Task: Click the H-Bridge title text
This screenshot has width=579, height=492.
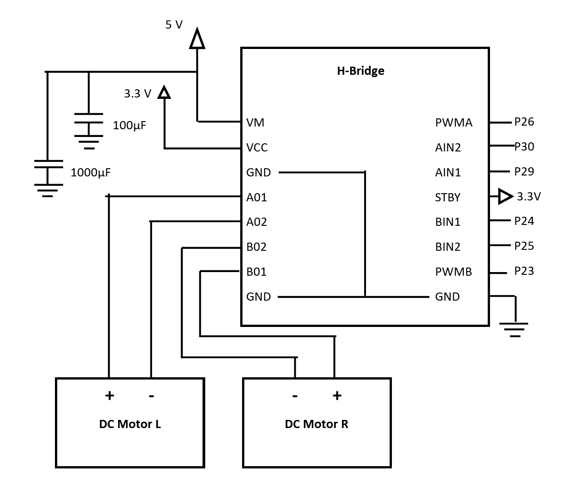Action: [x=360, y=71]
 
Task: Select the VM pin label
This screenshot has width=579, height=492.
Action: [x=255, y=122]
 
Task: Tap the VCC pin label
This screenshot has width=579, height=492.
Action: [x=257, y=147]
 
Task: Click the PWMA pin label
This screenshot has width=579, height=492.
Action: [x=453, y=122]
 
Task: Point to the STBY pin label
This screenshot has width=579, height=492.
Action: [x=447, y=197]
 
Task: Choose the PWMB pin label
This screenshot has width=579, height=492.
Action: [x=453, y=272]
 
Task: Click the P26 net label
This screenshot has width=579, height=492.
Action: [x=524, y=122]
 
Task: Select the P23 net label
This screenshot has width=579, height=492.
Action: [x=524, y=271]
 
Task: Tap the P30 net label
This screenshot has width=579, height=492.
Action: [x=524, y=146]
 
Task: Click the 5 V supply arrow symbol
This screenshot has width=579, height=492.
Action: [x=197, y=39]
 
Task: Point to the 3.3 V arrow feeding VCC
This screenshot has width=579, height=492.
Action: [x=164, y=93]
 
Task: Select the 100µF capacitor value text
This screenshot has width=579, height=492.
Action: [x=129, y=126]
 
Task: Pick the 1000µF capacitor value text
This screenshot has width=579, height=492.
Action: [x=90, y=173]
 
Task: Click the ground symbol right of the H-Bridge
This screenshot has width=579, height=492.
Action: [x=514, y=329]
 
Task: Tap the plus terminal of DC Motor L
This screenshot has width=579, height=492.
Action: [x=109, y=395]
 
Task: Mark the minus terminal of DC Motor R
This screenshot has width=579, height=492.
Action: [x=295, y=396]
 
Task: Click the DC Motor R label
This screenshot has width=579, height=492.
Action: [x=316, y=424]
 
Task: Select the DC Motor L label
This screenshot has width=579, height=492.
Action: [x=130, y=424]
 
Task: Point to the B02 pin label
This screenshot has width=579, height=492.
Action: [x=256, y=247]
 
